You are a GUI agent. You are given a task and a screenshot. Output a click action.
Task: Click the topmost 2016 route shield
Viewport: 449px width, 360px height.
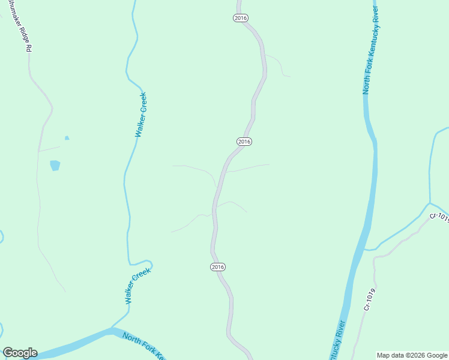240,18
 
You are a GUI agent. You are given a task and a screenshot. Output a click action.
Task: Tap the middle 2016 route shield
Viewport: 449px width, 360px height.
244,142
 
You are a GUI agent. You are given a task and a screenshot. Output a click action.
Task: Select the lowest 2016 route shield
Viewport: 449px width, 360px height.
218,266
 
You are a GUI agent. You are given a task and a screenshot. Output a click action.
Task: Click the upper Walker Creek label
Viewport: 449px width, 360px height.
141,115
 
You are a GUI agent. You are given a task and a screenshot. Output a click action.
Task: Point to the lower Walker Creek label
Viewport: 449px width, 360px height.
137,287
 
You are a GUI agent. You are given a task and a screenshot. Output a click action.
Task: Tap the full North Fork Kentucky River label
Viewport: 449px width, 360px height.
372,51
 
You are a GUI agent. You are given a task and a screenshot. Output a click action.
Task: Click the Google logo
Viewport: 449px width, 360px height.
20,353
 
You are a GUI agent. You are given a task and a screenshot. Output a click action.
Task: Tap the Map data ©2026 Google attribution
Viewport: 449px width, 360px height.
412,355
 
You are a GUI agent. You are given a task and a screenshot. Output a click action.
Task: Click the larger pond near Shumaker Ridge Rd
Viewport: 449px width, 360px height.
55,165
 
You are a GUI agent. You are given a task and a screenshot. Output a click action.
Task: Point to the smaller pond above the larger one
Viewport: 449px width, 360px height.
67,138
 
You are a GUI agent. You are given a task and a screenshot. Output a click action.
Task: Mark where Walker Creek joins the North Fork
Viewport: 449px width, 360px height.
112,328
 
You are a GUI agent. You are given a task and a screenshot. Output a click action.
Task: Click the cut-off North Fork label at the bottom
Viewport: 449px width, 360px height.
143,345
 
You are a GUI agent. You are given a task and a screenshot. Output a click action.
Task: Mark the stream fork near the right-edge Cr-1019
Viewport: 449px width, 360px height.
430,203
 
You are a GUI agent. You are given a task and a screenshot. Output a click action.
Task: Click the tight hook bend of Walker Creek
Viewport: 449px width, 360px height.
150,264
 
